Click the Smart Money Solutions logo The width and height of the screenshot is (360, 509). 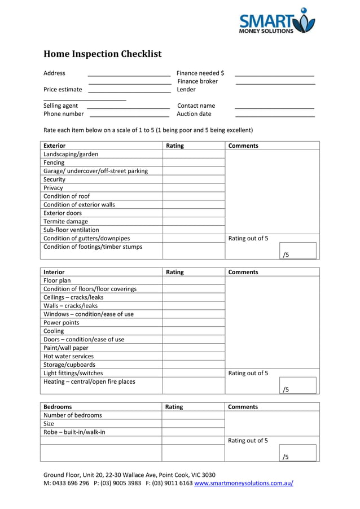coord(276,21)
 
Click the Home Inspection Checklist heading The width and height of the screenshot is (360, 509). coord(103,54)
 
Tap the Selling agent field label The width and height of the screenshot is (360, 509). coord(61,106)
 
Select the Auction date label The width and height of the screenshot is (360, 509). coord(194,114)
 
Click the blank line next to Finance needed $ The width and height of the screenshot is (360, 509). coord(274,74)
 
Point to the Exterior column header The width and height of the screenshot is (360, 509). coord(55,146)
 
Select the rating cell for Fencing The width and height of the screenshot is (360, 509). coord(194,163)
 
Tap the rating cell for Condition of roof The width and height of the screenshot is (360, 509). coord(194,196)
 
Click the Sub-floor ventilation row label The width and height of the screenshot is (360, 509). coord(71,230)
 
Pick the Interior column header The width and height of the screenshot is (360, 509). coord(54,272)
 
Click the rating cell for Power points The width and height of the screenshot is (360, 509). coord(194,323)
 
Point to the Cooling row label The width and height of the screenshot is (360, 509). coord(54,331)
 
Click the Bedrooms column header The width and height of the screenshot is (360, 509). coord(58,407)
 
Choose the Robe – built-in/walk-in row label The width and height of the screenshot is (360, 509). coord(74,432)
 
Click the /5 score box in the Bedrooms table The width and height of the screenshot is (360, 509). coord(297,453)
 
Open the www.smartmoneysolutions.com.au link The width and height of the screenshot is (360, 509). coord(244,484)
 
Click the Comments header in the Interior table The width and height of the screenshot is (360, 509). coord(243,272)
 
